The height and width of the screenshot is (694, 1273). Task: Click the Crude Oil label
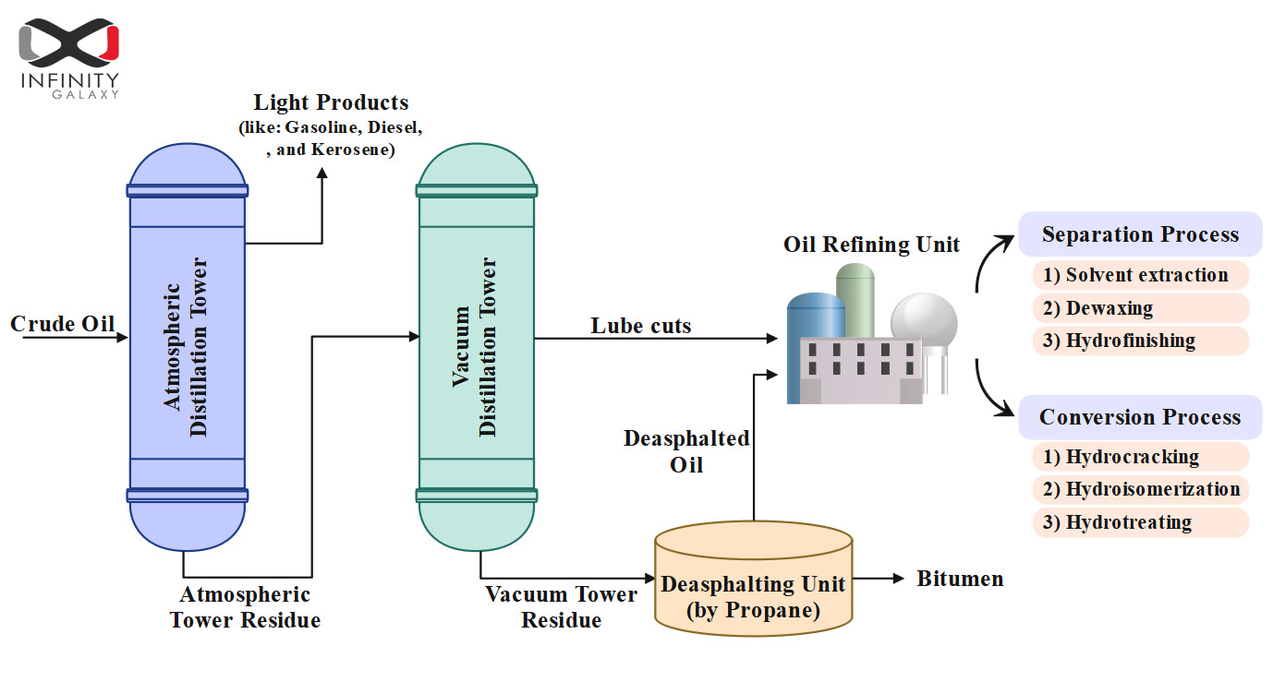(x=62, y=324)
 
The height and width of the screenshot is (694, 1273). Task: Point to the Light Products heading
(x=331, y=102)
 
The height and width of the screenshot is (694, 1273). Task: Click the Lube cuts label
(x=640, y=325)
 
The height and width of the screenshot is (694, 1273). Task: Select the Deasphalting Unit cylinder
(x=753, y=577)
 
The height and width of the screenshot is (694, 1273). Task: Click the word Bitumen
(x=959, y=579)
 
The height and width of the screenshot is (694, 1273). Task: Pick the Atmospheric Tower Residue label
(x=245, y=607)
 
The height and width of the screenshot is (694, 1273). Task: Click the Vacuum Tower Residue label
(x=561, y=607)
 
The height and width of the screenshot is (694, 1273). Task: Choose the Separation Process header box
(x=1140, y=234)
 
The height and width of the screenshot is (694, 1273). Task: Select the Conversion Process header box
(x=1140, y=417)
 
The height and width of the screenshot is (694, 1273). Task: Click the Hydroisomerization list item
(x=1140, y=489)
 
